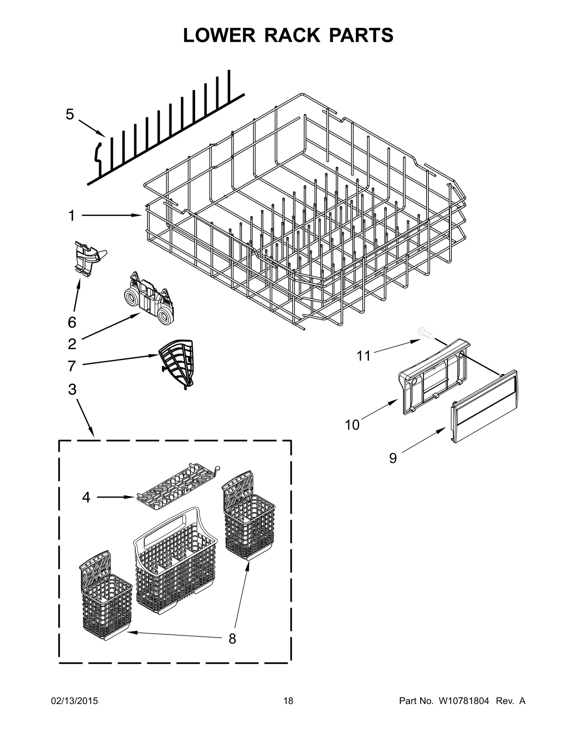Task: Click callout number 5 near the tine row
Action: click(x=70, y=114)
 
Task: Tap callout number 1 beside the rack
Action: click(x=72, y=216)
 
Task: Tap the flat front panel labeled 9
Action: click(x=484, y=406)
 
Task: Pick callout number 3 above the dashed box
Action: click(x=72, y=389)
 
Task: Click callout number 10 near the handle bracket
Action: click(x=352, y=425)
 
